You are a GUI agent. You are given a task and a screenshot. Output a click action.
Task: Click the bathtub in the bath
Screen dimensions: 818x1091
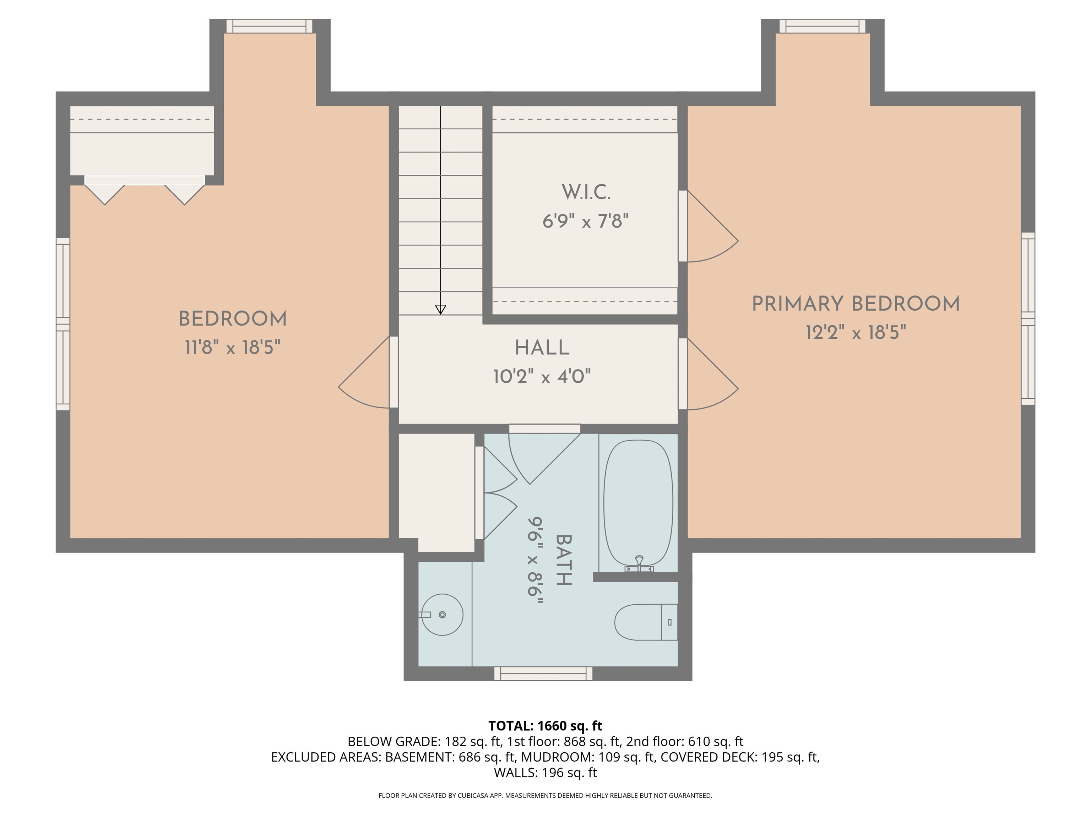click(638, 503)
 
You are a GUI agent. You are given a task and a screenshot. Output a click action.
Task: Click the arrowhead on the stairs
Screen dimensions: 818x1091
click(440, 309)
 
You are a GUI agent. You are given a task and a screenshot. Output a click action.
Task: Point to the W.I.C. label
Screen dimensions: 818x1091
click(586, 192)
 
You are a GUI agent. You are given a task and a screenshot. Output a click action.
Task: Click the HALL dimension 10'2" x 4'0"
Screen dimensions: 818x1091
click(542, 377)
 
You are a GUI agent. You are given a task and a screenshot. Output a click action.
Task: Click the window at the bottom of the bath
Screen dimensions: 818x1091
click(543, 674)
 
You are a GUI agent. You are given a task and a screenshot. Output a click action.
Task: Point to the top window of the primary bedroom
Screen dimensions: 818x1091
click(822, 26)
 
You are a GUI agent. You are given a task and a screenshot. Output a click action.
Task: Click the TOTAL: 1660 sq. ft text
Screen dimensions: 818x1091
click(545, 726)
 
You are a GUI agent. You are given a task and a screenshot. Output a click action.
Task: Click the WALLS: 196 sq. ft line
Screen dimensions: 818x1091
click(545, 772)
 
